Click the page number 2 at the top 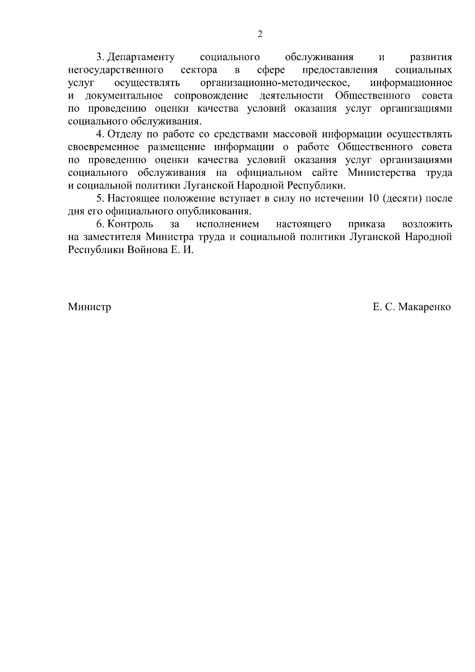click(x=260, y=34)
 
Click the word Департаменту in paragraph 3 click(x=141, y=57)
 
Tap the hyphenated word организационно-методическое click(x=275, y=84)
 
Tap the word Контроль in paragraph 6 click(x=130, y=224)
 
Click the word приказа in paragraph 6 click(x=367, y=224)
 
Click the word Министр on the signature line click(x=89, y=307)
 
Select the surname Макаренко click(x=424, y=307)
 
